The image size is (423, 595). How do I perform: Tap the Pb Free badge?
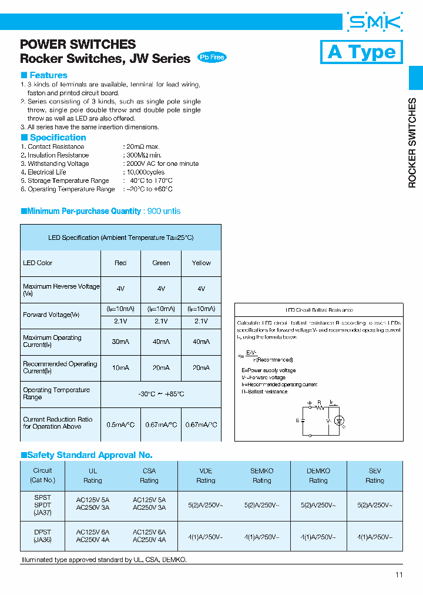click(x=211, y=57)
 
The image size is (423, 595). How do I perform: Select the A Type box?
click(x=361, y=52)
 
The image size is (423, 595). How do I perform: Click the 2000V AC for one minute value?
click(x=162, y=163)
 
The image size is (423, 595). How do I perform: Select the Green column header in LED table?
click(x=161, y=263)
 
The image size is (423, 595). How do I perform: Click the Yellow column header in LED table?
click(x=201, y=263)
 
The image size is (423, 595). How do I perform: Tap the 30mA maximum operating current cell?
click(x=120, y=342)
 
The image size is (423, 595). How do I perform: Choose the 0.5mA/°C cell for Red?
click(x=120, y=424)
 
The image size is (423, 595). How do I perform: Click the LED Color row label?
click(x=38, y=263)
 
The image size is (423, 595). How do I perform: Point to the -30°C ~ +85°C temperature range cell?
click(x=160, y=394)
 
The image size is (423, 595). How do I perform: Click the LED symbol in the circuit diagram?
click(x=339, y=420)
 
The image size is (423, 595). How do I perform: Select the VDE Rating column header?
click(x=206, y=476)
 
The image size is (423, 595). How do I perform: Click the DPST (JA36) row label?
click(x=42, y=536)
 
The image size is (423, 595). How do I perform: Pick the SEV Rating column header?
click(x=375, y=476)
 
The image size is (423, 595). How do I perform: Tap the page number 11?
click(x=399, y=575)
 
